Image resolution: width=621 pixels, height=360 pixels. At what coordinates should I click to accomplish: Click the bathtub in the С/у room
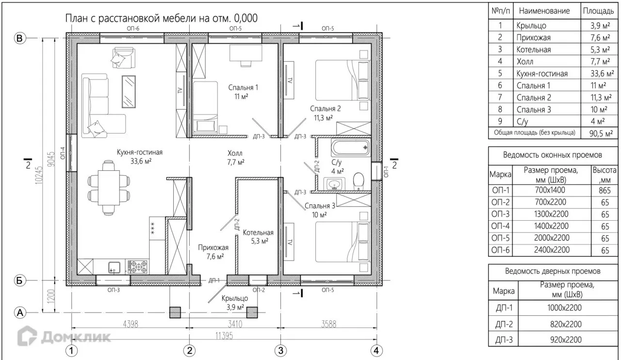click(350, 147)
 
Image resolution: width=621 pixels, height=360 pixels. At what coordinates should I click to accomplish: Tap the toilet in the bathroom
click(359, 181)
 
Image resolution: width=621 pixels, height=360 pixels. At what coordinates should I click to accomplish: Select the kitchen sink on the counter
click(114, 267)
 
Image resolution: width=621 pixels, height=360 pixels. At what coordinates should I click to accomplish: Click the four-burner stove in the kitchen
click(137, 267)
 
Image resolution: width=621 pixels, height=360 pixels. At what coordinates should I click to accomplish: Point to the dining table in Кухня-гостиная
click(109, 187)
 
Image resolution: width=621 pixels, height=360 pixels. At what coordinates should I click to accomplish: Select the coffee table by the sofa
click(129, 92)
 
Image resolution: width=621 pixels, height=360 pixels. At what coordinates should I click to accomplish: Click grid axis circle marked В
click(20, 38)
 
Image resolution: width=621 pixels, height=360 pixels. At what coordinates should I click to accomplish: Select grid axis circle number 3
click(280, 351)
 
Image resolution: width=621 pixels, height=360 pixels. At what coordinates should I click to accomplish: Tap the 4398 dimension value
click(131, 324)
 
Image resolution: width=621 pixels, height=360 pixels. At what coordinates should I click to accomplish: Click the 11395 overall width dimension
click(224, 336)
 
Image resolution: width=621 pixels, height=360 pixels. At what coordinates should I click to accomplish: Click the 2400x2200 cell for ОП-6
click(552, 250)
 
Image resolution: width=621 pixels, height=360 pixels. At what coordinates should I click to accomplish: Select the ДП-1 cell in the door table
click(504, 308)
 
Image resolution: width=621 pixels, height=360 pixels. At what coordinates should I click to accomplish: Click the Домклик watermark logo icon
click(27, 336)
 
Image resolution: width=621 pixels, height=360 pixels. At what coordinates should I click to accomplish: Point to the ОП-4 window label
click(63, 153)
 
